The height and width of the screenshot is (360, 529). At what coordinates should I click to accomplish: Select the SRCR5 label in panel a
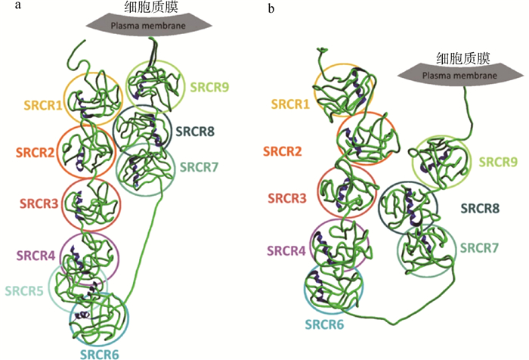pos(26,290)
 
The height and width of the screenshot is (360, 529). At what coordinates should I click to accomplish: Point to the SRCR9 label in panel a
pos(210,87)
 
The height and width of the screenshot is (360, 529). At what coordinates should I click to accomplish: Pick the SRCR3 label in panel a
pos(39,203)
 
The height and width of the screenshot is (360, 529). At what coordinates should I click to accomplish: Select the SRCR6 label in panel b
pos(326,324)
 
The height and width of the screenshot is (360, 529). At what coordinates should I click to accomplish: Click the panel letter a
pos(6,7)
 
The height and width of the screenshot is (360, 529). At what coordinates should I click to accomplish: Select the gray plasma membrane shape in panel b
pos(458,74)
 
